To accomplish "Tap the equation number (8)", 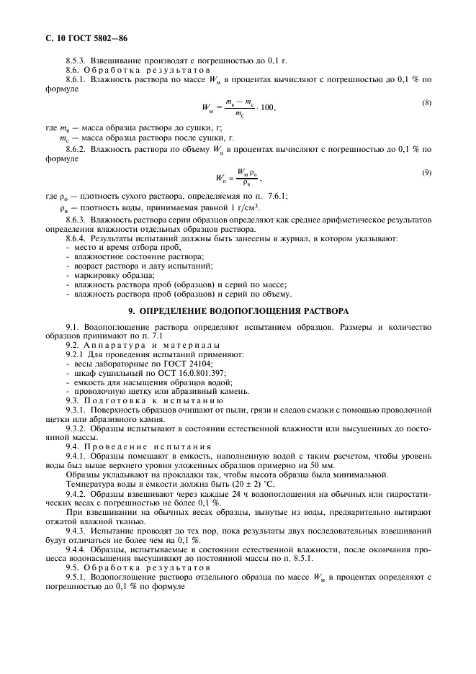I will pyautogui.click(x=426, y=103).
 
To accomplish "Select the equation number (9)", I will pyautogui.click(x=426, y=172).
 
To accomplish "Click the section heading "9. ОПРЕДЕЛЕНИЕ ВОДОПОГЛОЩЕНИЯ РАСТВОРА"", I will pyautogui.click(x=238, y=311).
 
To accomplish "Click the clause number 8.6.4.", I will pyautogui.click(x=76, y=238).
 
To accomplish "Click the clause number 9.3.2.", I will pyautogui.click(x=76, y=428).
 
